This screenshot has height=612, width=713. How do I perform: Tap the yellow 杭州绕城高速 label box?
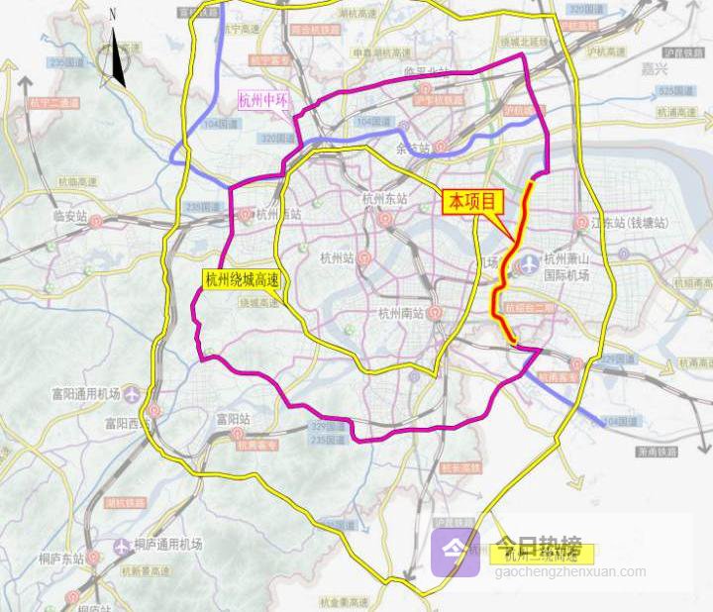point(242,279)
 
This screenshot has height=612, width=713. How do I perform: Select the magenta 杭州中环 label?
point(263,100)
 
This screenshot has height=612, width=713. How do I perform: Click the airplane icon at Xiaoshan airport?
point(527,264)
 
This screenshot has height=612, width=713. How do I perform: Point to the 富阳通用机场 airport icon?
point(153,411)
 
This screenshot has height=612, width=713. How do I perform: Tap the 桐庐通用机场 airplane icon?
point(121,546)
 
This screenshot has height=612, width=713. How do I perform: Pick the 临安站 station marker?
point(96,222)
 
